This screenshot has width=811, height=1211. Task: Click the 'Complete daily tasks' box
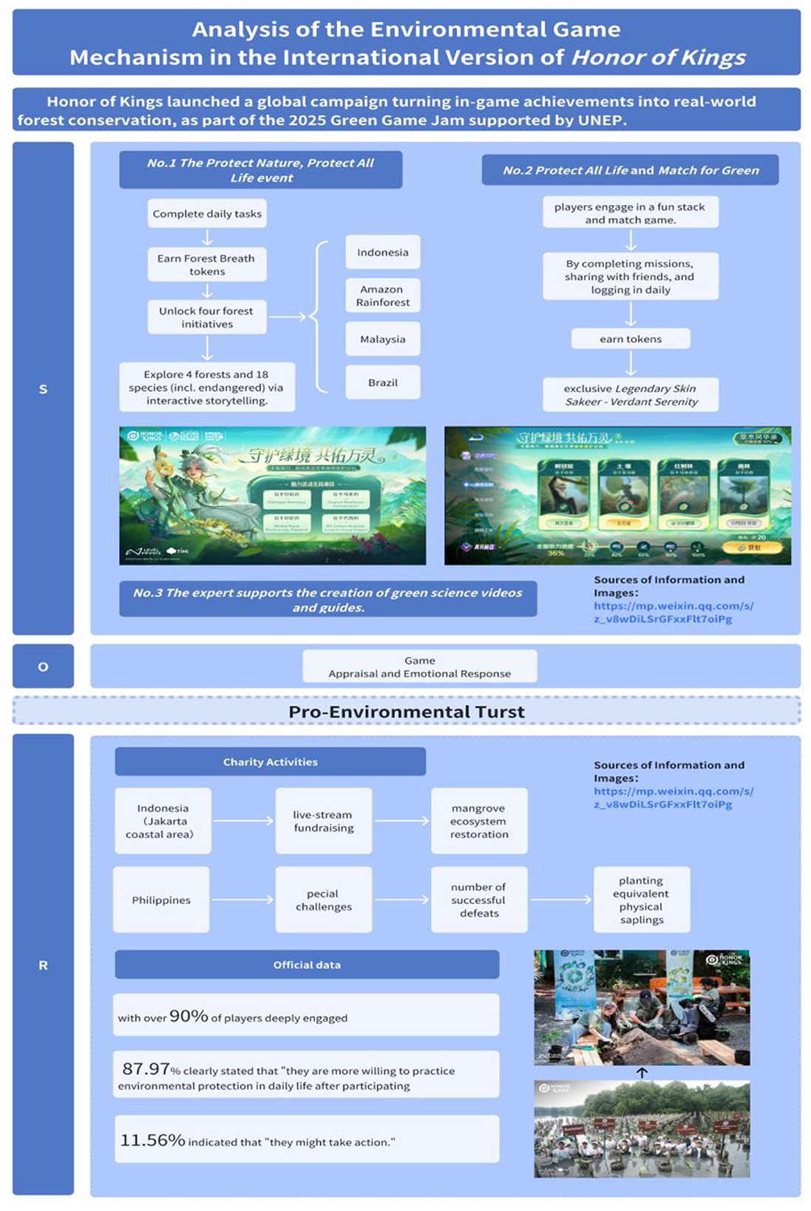click(x=207, y=214)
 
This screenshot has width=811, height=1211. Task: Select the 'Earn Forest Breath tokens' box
click(x=207, y=265)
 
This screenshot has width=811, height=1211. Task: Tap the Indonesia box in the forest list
click(x=382, y=252)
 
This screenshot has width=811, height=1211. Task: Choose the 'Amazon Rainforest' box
click(x=382, y=295)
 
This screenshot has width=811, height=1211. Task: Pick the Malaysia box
click(x=382, y=339)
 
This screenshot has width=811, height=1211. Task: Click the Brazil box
click(x=382, y=382)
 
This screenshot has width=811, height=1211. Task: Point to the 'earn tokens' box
click(x=631, y=339)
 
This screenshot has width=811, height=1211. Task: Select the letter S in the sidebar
click(x=43, y=389)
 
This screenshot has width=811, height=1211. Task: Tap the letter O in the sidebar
click(x=43, y=667)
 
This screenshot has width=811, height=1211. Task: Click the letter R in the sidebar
click(x=43, y=965)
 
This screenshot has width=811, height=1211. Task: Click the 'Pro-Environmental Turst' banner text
click(x=406, y=712)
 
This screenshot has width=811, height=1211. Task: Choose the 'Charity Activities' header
click(x=270, y=762)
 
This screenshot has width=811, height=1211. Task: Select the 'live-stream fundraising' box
click(x=323, y=821)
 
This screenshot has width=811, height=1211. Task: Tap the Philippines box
click(x=161, y=900)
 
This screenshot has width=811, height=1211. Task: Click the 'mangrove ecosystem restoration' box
click(x=479, y=821)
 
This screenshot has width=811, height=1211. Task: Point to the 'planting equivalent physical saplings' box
click(x=641, y=900)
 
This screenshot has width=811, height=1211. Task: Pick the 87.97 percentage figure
click(x=146, y=1069)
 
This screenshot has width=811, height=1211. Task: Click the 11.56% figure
click(x=152, y=1140)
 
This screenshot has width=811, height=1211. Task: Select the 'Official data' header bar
click(x=307, y=965)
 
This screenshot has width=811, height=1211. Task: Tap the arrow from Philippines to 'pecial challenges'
click(x=242, y=900)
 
